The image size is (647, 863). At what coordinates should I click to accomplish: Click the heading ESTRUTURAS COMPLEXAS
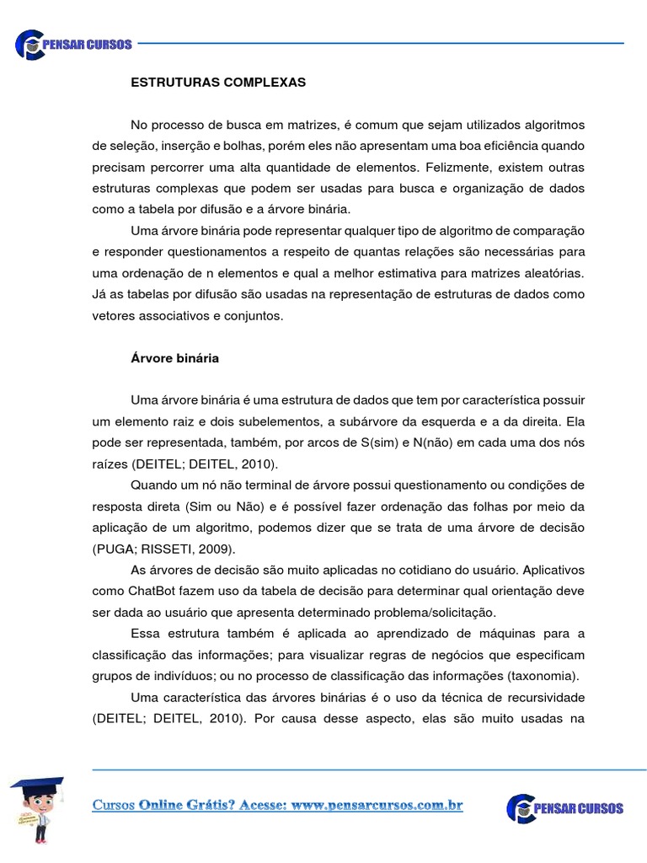218,83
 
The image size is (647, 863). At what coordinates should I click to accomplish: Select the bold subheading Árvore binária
174,358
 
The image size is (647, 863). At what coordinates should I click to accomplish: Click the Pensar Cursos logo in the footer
565,807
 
